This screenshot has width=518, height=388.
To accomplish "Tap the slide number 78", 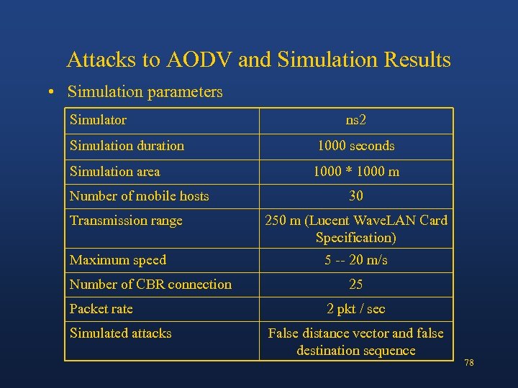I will point(469,363).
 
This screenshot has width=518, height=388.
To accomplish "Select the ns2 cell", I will point(356,120).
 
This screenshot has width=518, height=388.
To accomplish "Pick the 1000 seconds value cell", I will point(356,146).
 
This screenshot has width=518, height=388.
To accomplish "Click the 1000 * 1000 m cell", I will point(356,172).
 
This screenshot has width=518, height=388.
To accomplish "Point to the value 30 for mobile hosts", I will point(356,196).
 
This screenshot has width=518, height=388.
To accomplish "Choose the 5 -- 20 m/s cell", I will point(356,260).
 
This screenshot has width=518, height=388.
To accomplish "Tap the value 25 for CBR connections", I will point(356,285).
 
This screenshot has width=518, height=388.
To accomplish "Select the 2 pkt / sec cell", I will point(356,309).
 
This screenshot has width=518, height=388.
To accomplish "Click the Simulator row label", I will point(98,120).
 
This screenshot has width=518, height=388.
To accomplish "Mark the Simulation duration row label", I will point(127,146).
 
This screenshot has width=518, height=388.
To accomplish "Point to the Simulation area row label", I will point(114,172).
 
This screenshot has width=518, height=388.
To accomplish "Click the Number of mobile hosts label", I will point(139,196).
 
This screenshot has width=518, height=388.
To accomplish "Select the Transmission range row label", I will point(126,221).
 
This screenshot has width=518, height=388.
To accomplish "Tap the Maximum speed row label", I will point(117,260).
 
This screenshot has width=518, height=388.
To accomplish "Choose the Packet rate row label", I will point(101,309).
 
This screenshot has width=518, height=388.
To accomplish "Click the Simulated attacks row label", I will point(120,333).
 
